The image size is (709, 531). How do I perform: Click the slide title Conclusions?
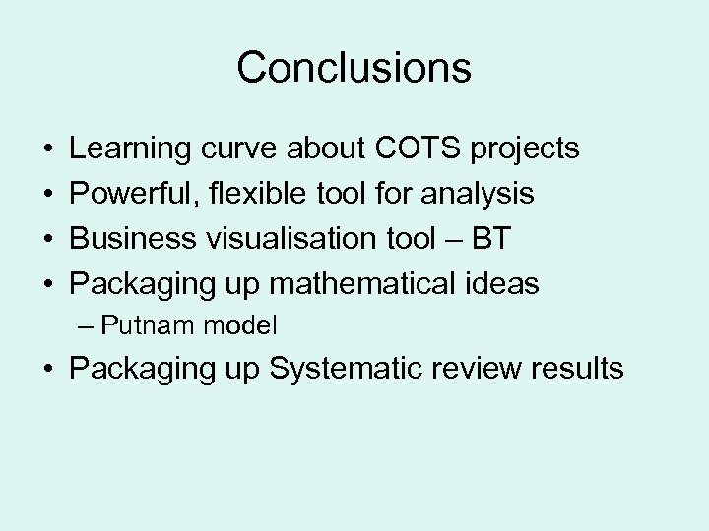[354, 68]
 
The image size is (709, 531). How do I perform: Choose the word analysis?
[478, 195]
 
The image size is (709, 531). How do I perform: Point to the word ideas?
[505, 284]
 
